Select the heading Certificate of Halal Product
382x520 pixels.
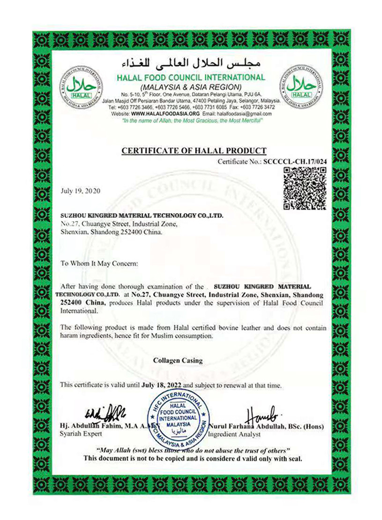(x=194, y=151)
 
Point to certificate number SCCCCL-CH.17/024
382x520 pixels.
(x=295, y=161)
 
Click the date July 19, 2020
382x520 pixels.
(x=80, y=191)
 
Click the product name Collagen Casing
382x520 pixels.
(x=178, y=361)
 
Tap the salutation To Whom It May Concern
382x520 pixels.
(x=100, y=264)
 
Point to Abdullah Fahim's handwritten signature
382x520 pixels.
(x=106, y=412)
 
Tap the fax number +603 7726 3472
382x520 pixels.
(x=262, y=107)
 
